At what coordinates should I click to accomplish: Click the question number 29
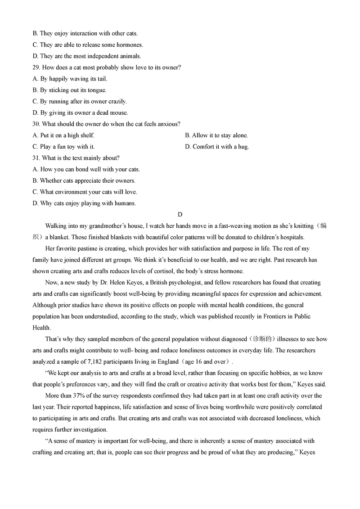36,68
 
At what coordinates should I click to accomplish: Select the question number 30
36,124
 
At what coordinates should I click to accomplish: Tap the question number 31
36,158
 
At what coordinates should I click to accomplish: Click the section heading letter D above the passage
180,215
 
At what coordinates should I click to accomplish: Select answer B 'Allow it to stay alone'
216,135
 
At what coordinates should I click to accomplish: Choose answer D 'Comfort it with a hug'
217,147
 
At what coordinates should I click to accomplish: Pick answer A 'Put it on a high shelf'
63,135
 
